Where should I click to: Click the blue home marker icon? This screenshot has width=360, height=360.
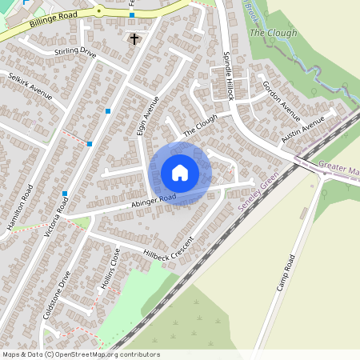180,173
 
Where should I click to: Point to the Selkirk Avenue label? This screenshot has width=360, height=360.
30,86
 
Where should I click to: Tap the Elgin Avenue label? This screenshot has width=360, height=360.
148,116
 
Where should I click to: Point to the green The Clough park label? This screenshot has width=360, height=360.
273,33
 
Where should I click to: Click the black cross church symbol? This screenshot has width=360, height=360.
134,38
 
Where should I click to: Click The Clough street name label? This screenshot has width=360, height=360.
200,124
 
